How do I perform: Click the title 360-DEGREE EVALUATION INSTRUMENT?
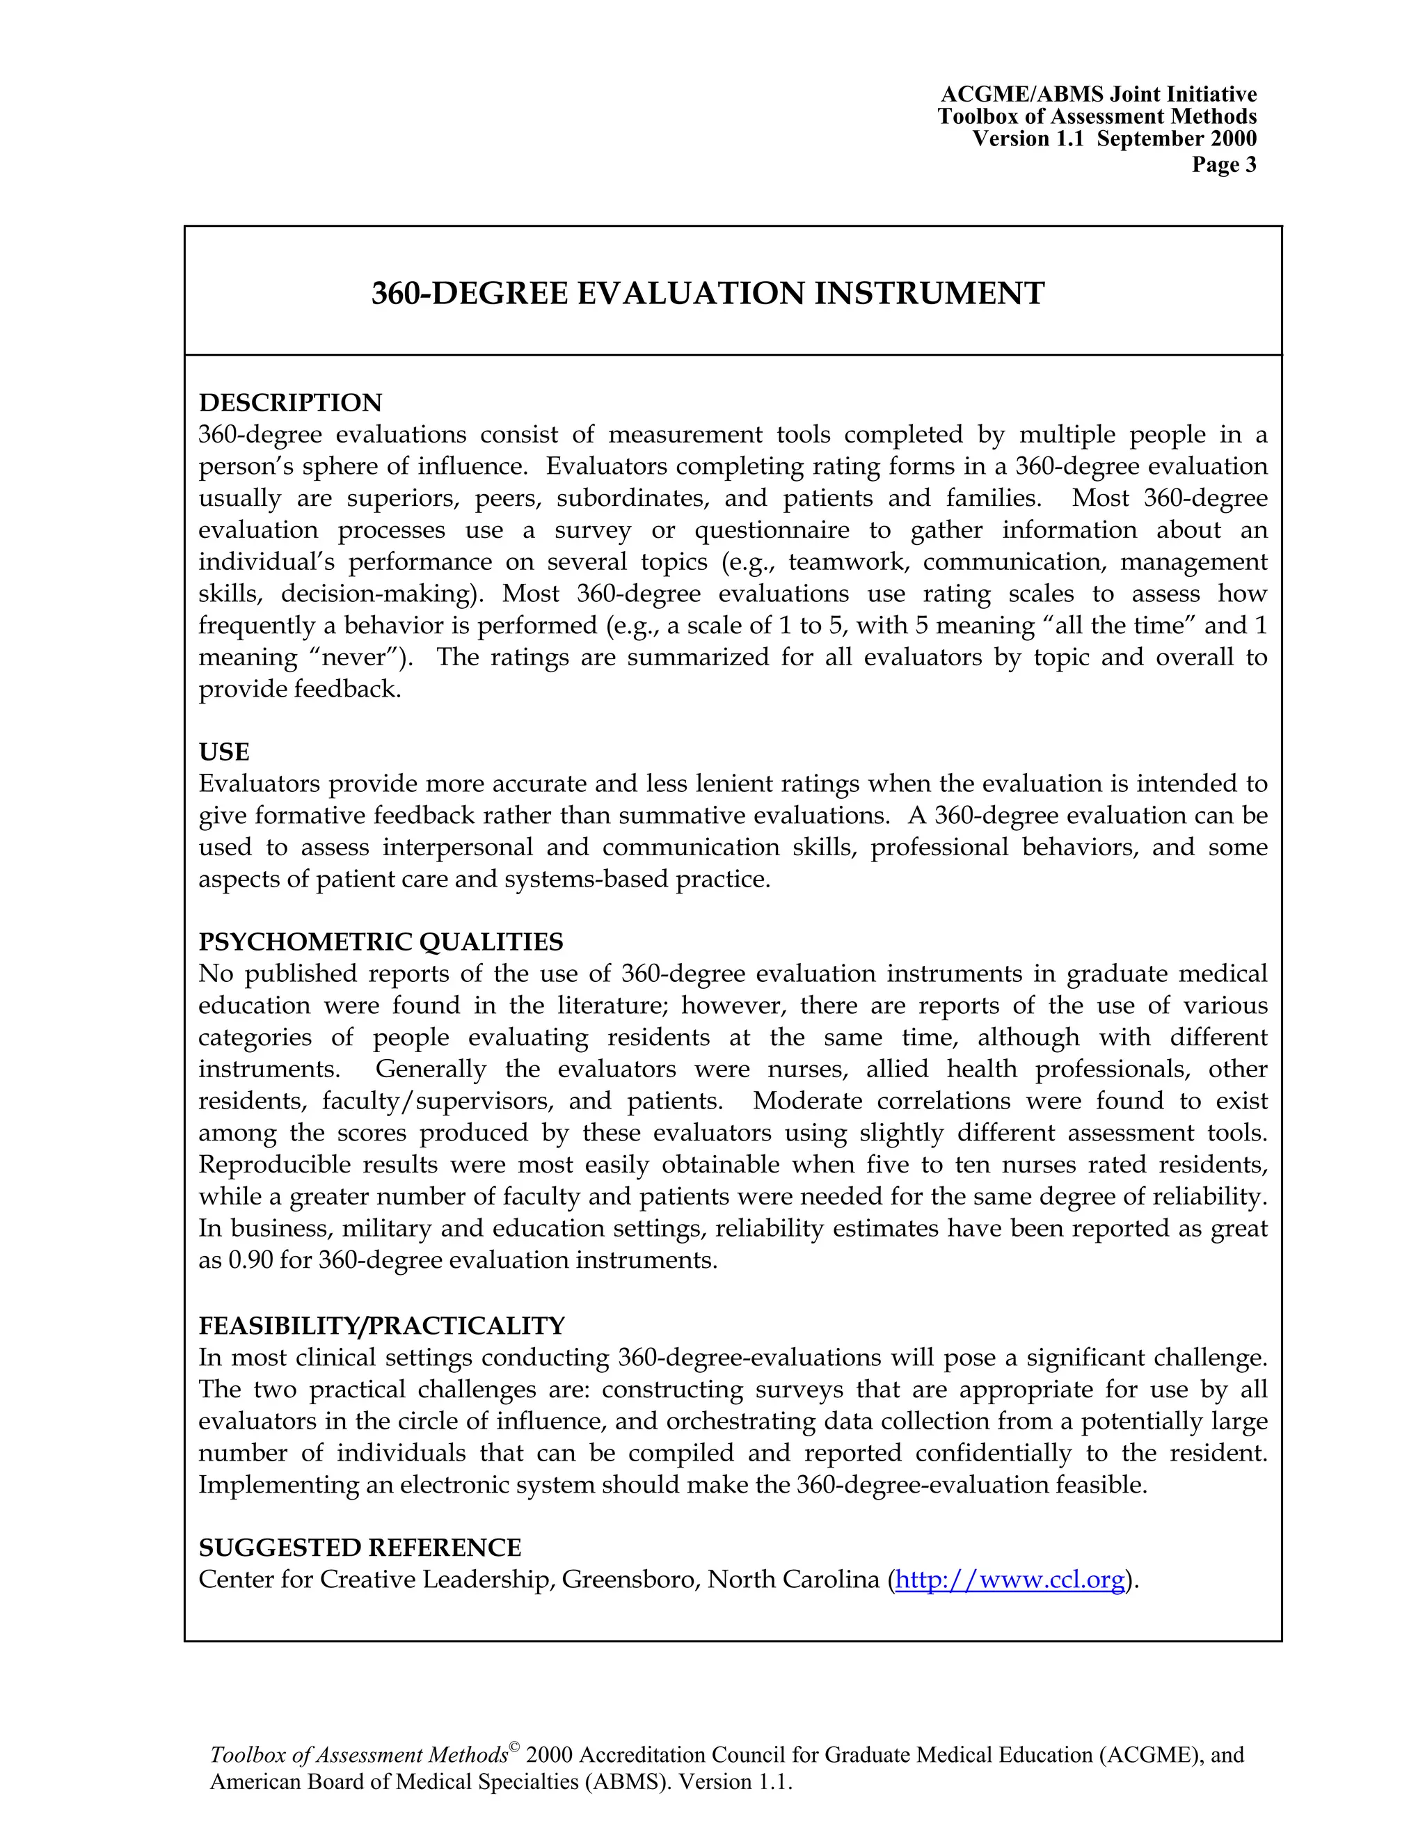708,294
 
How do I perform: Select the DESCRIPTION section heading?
289,403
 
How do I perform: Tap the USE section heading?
224,752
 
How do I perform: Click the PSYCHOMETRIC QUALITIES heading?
381,942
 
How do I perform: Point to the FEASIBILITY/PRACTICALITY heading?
381,1326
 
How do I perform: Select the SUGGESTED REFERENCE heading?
360,1548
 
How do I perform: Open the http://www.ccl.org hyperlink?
1010,1580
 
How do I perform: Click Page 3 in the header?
1223,165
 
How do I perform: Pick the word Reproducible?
276,1165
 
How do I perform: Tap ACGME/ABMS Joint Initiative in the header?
1098,95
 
